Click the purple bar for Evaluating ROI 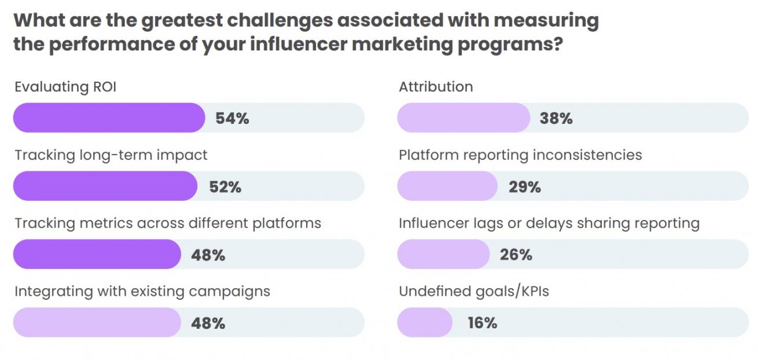pyautogui.click(x=109, y=118)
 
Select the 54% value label pyautogui.click(x=232, y=119)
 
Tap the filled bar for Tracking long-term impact pyautogui.click(x=105, y=186)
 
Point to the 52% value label pyautogui.click(x=225, y=187)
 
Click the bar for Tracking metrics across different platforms pyautogui.click(x=97, y=255)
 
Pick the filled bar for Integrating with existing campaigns pyautogui.click(x=97, y=322)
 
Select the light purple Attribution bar pyautogui.click(x=463, y=118)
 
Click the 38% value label pyautogui.click(x=556, y=119)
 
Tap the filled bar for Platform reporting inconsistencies pyautogui.click(x=447, y=186)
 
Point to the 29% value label pyautogui.click(x=525, y=187)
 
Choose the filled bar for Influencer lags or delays pyautogui.click(x=443, y=255)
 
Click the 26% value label pyautogui.click(x=516, y=255)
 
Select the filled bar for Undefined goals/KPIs pyautogui.click(x=424, y=322)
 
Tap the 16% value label pyautogui.click(x=483, y=322)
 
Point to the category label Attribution pyautogui.click(x=436, y=87)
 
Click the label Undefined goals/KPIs pyautogui.click(x=474, y=291)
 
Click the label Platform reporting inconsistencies pyautogui.click(x=520, y=155)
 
